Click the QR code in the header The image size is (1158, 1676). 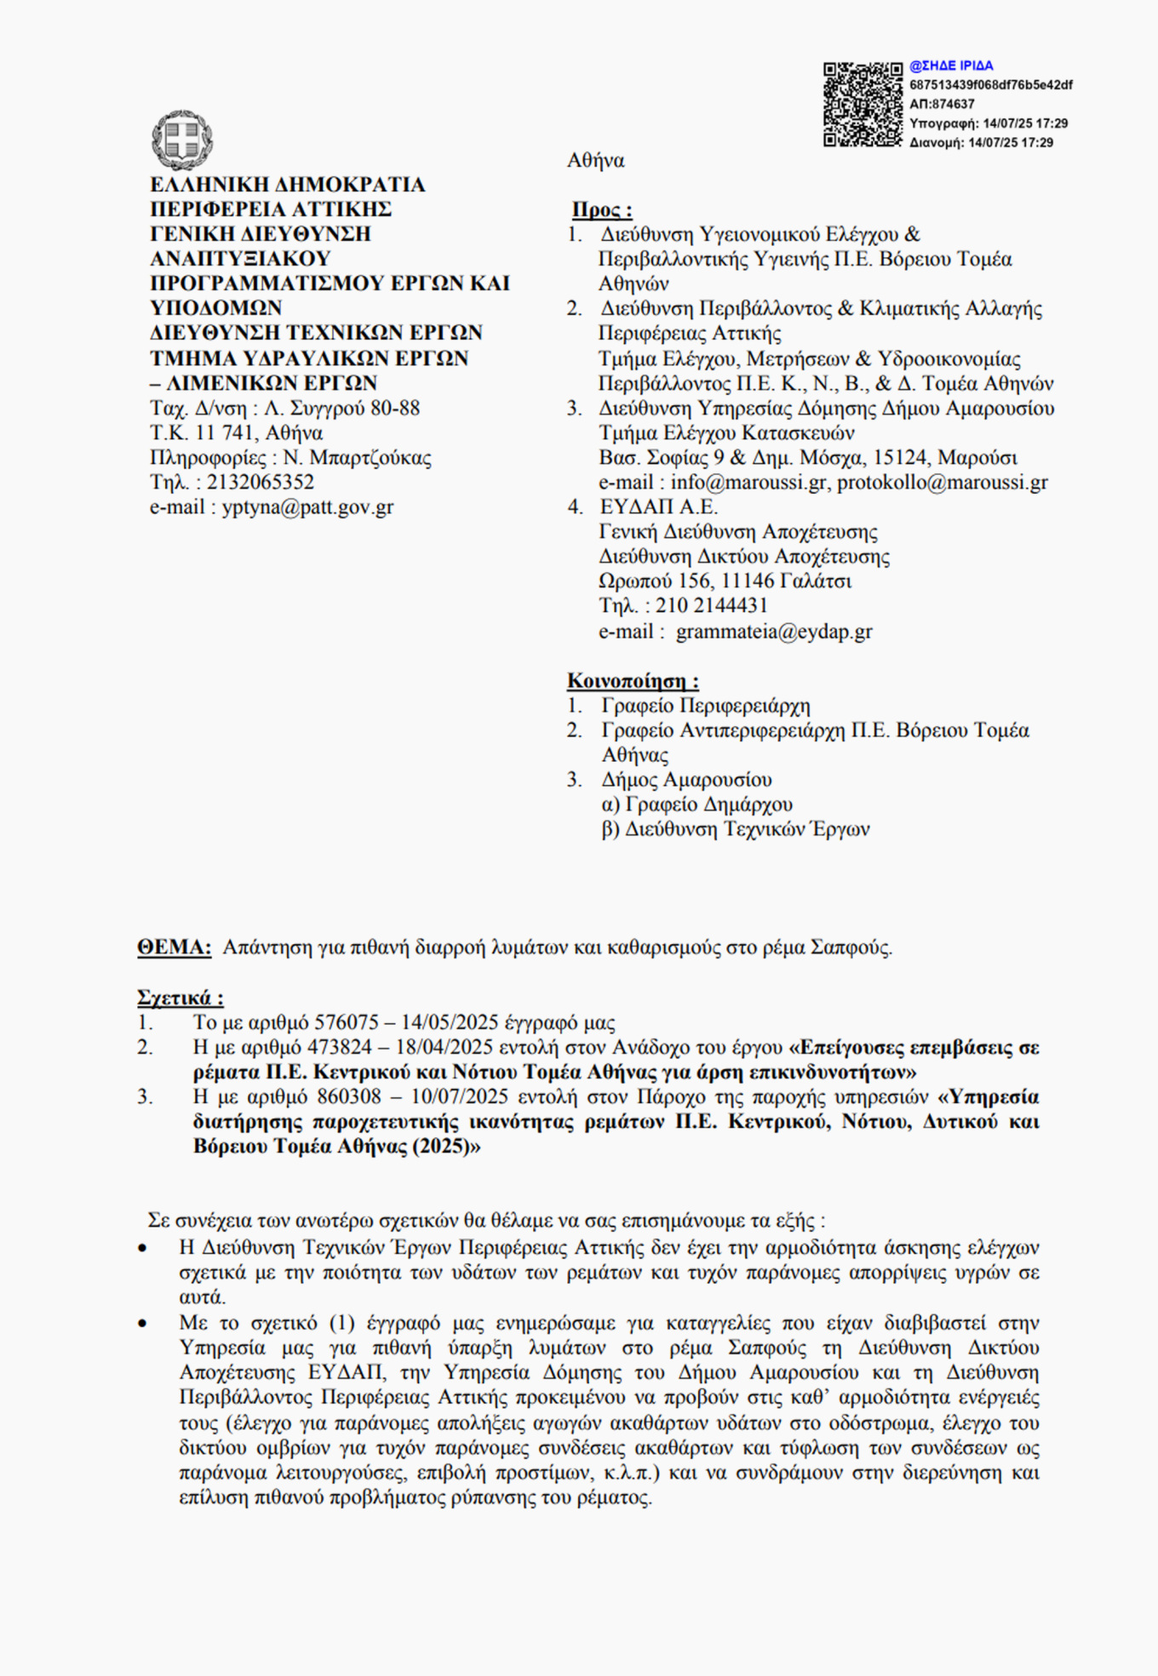862,104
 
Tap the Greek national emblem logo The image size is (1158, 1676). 181,140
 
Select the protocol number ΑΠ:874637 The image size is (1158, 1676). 942,104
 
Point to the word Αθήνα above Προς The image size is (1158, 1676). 595,160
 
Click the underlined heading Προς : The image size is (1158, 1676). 601,209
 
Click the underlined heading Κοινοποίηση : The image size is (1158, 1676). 633,681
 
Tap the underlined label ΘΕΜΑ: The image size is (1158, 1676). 174,947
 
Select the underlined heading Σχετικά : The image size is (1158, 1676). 180,998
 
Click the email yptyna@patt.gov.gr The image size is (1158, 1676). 307,507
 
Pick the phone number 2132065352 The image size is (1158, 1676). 260,482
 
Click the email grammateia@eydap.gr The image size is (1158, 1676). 774,632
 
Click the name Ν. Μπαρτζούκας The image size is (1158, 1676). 357,458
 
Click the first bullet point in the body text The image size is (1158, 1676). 143,1249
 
